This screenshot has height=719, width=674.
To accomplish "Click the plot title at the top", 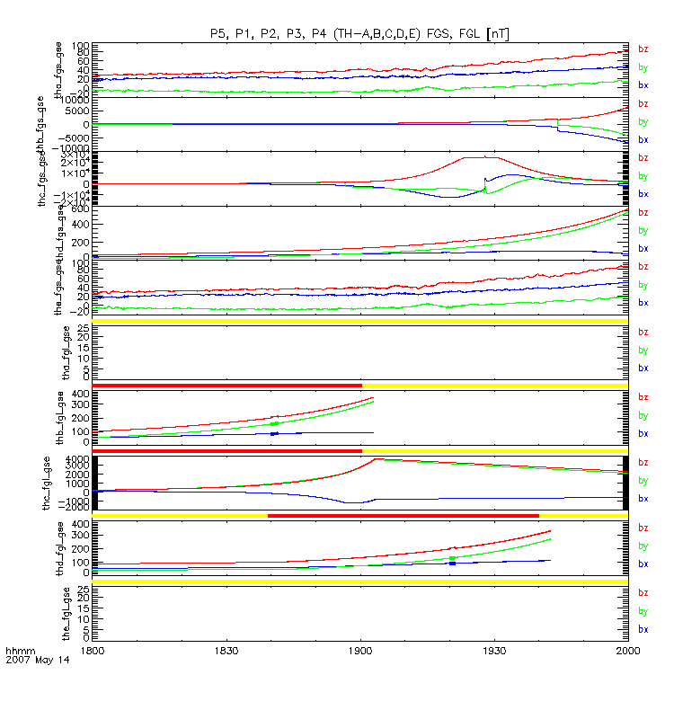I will pos(359,33).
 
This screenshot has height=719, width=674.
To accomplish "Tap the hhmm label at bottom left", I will pos(20,649).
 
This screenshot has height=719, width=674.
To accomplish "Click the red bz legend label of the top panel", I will pos(643,49).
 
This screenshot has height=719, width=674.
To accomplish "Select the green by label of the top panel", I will pos(643,67).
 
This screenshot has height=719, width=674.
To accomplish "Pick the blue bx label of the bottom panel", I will pos(643,629).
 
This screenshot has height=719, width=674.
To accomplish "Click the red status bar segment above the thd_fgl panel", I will pos(403,515).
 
